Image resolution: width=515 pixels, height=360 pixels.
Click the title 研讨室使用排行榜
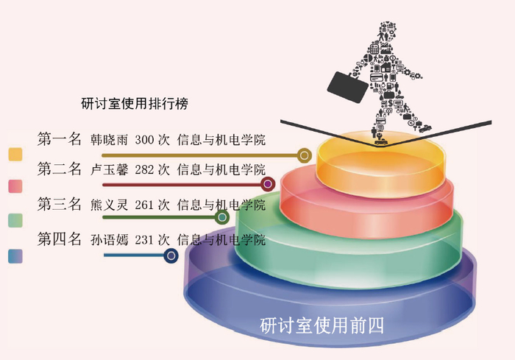[135, 104]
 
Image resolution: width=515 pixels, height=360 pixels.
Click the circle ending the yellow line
[303, 155]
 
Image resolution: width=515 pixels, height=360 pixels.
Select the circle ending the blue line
[171, 255]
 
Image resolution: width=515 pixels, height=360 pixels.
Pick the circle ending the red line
[268, 184]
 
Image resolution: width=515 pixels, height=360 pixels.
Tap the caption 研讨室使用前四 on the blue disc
[322, 324]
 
